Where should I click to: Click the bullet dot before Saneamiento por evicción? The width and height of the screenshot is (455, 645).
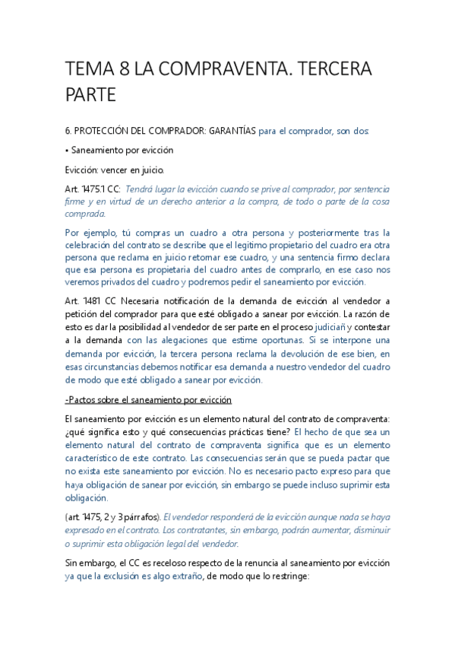pyautogui.click(x=68, y=150)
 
